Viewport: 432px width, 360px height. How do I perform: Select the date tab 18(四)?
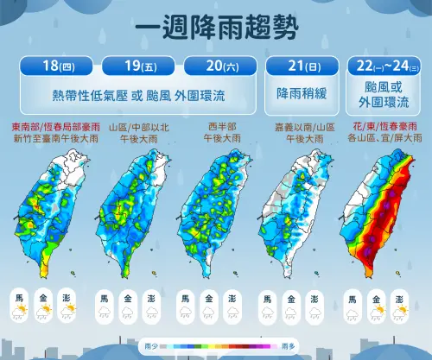54,66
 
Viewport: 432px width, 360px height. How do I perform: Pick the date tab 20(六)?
219,66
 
